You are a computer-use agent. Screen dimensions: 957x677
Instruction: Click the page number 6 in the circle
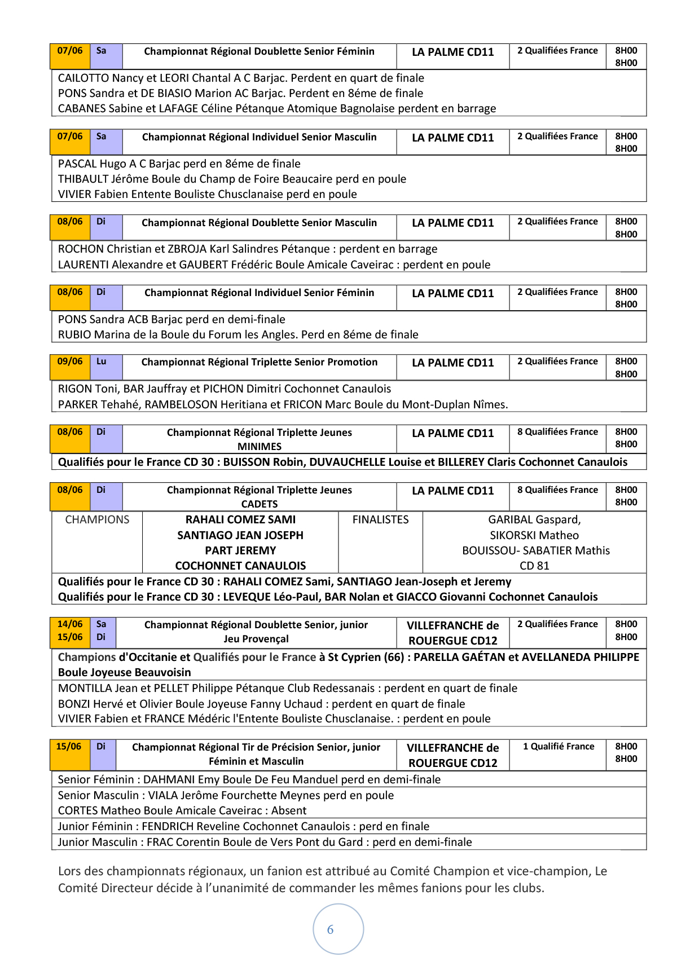click(x=331, y=930)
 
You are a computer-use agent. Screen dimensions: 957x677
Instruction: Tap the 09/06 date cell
click(x=70, y=361)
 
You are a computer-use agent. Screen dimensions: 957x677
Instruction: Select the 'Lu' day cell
click(x=102, y=361)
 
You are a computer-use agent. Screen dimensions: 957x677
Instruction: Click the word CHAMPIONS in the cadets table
click(x=97, y=520)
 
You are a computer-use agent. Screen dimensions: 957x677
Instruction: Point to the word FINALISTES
click(x=380, y=520)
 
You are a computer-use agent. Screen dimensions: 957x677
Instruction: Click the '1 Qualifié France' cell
click(x=559, y=747)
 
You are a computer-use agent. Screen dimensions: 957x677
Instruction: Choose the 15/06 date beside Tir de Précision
click(x=69, y=747)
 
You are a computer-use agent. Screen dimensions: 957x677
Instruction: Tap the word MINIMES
click(x=260, y=447)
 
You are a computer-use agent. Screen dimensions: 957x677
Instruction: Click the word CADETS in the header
click(x=260, y=504)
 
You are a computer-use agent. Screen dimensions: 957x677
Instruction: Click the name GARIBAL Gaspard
click(x=534, y=520)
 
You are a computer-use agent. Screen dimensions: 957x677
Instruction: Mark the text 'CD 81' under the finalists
click(x=534, y=566)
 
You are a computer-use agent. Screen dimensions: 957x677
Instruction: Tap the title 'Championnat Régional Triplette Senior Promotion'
click(x=260, y=362)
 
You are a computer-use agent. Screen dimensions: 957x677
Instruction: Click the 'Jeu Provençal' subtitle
click(x=256, y=639)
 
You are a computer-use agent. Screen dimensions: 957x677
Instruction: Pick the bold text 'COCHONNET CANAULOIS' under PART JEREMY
click(x=240, y=566)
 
